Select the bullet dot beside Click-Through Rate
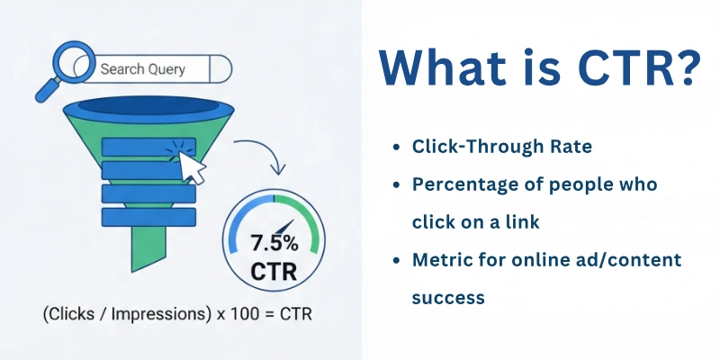click(396, 146)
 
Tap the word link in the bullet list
click(544, 221)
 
